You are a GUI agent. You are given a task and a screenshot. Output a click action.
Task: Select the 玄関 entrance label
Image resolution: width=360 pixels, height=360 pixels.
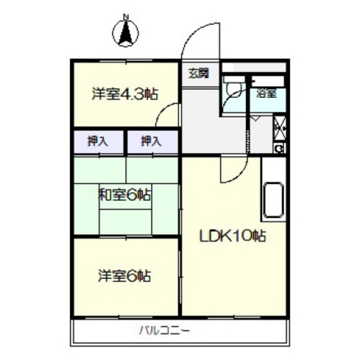click(199, 72)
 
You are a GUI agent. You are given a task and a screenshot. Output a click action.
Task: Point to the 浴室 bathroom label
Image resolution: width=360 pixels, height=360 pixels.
click(266, 94)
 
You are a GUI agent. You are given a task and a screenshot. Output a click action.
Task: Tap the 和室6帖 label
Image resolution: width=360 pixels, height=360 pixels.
click(125, 195)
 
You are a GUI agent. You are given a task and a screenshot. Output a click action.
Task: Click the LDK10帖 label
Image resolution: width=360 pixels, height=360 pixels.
click(233, 236)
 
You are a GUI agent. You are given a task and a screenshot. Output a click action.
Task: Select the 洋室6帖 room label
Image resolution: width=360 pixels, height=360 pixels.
click(125, 276)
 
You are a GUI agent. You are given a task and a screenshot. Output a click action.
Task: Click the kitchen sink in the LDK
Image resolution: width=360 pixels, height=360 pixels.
click(273, 199)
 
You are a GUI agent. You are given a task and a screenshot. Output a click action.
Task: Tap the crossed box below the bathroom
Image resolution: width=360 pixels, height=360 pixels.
click(280, 126)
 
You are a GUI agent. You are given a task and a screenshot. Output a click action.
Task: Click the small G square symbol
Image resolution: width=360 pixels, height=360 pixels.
click(280, 148)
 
